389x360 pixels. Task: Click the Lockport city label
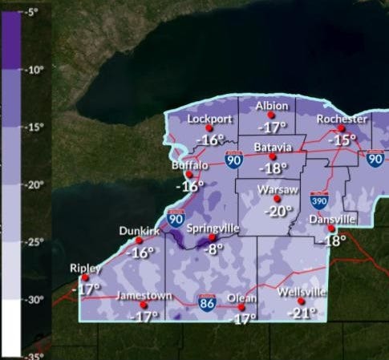point(209,119)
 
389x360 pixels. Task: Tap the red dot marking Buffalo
point(189,174)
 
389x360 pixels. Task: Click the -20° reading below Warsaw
point(278,212)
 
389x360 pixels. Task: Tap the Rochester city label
point(342,119)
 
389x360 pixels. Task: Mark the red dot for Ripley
point(86,277)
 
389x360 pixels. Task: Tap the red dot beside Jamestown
point(144,305)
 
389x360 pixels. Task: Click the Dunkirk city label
point(136,230)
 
